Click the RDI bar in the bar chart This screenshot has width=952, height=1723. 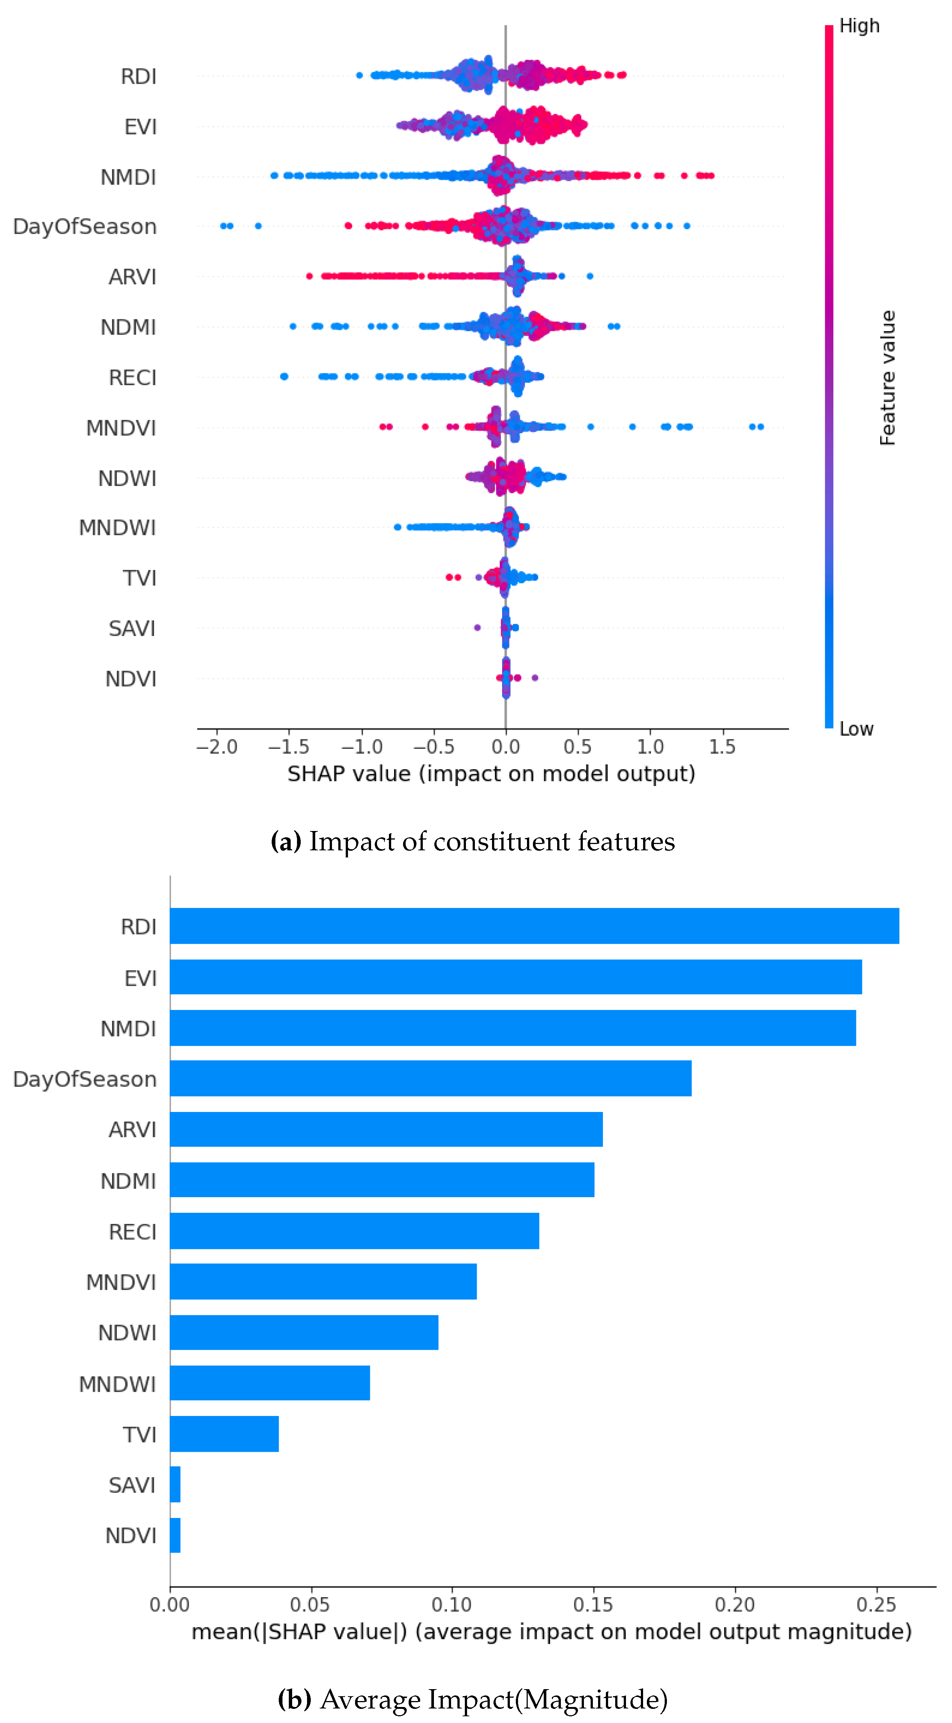pyautogui.click(x=534, y=926)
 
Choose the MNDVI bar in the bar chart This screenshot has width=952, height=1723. pyautogui.click(x=323, y=1282)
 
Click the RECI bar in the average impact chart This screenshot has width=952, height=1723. pyautogui.click(x=354, y=1231)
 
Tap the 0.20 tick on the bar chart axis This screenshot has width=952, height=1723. pyautogui.click(x=735, y=1605)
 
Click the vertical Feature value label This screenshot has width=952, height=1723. pyautogui.click(x=887, y=378)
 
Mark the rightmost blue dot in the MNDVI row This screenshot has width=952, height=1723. pyautogui.click(x=760, y=427)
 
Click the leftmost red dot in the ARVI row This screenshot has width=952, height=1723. pyautogui.click(x=309, y=276)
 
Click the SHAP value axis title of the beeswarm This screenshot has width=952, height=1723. pyautogui.click(x=491, y=774)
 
